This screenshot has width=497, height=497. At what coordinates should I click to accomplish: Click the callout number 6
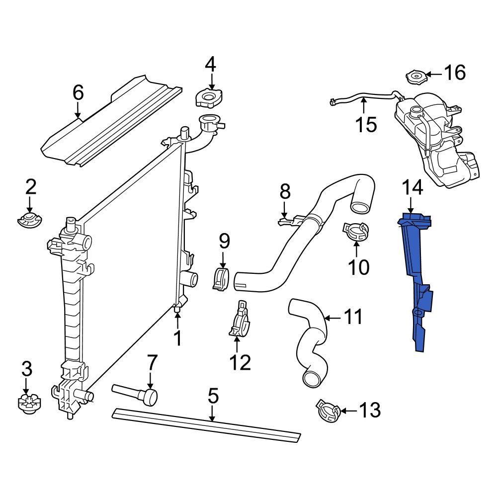[78, 93]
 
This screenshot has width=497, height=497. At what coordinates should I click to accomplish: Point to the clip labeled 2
[30, 219]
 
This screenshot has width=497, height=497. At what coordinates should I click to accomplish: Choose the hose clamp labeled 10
[356, 231]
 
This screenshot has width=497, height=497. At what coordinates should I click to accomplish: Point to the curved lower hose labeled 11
[308, 343]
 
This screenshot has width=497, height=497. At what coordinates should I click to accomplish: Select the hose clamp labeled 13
[328, 411]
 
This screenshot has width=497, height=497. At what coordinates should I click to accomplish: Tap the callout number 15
[366, 125]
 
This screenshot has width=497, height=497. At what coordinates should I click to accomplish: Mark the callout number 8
[284, 191]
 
